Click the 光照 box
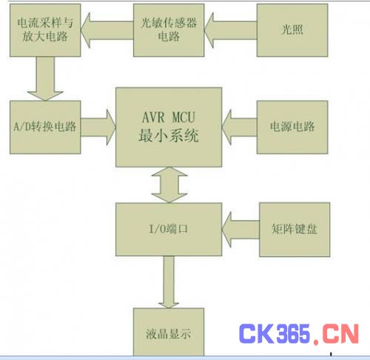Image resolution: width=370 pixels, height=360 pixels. click(292, 30)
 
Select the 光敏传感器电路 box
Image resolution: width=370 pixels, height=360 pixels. click(169, 30)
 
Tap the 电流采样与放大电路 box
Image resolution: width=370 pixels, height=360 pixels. click(45, 30)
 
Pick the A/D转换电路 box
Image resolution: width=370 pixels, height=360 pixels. click(45, 127)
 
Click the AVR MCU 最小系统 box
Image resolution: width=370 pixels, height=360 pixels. click(169, 127)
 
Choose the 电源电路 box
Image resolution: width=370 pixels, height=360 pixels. click(292, 127)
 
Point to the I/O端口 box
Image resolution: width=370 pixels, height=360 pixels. click(169, 229)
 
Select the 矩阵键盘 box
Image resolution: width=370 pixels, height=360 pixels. click(295, 230)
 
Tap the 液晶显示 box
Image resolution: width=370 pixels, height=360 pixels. click(169, 332)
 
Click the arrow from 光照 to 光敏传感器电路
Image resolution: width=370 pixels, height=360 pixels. click(231, 30)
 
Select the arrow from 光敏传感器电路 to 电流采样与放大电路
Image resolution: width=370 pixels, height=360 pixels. click(107, 30)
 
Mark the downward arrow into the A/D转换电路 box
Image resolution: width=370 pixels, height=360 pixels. click(45, 79)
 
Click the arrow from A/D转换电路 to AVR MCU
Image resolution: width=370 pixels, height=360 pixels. click(98, 127)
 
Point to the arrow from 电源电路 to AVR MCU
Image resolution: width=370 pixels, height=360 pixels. click(239, 127)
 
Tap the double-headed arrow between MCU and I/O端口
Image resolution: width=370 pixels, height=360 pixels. click(169, 185)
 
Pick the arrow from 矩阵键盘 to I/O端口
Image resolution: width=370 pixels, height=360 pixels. click(240, 230)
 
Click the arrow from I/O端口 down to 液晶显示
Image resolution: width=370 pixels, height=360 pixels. click(169, 282)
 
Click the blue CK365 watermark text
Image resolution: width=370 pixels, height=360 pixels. click(274, 334)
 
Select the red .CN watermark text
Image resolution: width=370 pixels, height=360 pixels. click(336, 334)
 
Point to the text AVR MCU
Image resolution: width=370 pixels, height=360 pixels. click(169, 117)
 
